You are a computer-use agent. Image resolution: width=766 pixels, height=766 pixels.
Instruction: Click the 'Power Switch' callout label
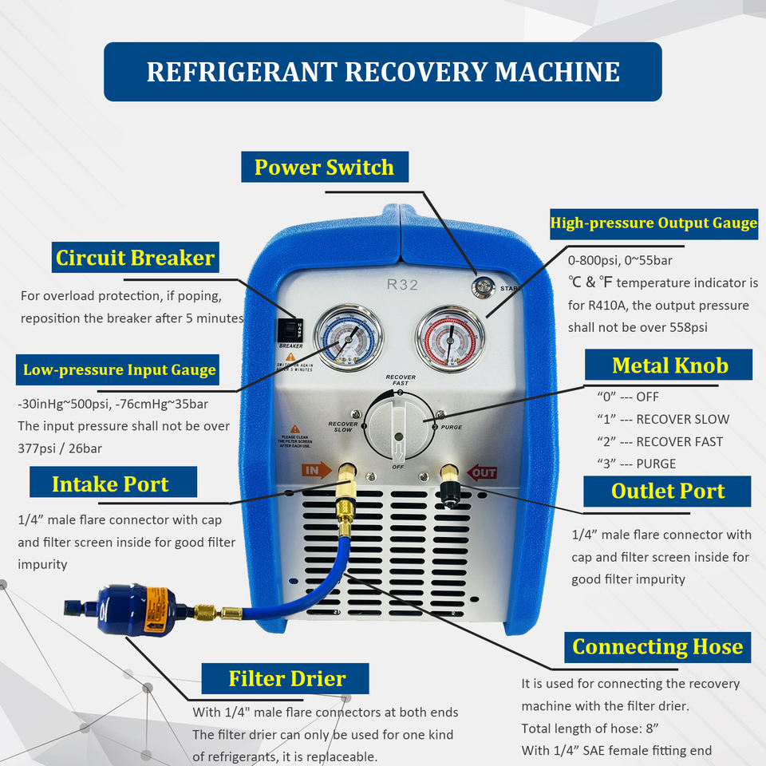pos(325,168)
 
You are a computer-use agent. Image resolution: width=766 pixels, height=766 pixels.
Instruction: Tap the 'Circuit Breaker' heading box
pos(135,258)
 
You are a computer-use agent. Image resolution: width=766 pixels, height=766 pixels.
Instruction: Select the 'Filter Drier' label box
pos(286,679)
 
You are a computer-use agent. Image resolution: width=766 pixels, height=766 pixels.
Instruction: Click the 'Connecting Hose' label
pos(657,646)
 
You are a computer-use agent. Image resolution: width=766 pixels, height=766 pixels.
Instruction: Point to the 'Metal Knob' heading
pos(669,365)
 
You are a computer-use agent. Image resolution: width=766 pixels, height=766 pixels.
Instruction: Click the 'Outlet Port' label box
pos(667,491)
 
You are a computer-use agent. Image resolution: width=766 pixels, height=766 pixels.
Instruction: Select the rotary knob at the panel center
pos(400,424)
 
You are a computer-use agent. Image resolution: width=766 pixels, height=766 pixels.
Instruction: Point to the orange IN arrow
pos(317,471)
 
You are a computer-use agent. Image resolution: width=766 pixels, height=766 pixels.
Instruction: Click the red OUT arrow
pos(482,472)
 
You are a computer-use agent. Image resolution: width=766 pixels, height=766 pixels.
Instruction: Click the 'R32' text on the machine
pos(402,283)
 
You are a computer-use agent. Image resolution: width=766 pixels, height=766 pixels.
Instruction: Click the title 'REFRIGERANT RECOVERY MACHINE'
pos(383,72)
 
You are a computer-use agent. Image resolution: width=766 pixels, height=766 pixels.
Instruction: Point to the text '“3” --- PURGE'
pos(636,464)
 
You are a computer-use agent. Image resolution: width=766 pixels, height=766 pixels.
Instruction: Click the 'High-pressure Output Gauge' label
pos(653,223)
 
